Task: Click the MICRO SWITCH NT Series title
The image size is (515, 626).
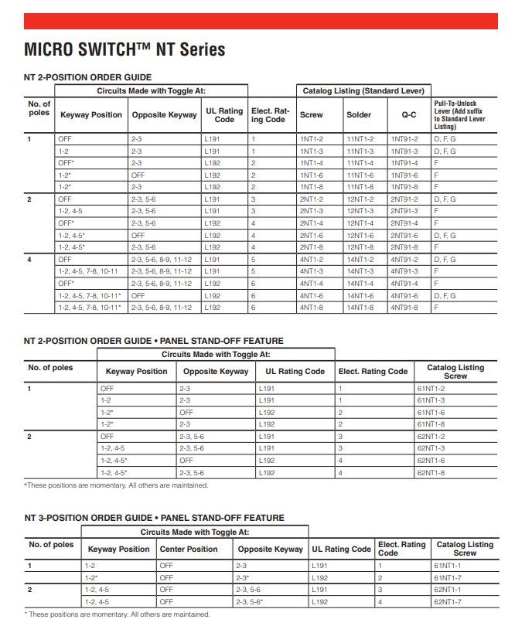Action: click(x=124, y=49)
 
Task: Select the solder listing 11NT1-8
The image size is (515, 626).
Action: click(x=360, y=187)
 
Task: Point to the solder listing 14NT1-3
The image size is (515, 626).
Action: click(x=360, y=271)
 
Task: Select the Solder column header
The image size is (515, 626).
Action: click(x=359, y=114)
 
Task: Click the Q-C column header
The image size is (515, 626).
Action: click(x=408, y=114)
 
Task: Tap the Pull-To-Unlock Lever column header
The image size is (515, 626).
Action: click(x=460, y=114)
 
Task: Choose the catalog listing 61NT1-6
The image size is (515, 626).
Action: click(x=430, y=412)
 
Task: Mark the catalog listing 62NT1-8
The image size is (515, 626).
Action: click(x=430, y=471)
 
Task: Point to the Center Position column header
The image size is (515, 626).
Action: click(x=188, y=549)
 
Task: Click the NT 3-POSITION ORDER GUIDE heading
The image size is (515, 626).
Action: click(x=154, y=517)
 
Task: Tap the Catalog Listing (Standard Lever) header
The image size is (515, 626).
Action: click(x=360, y=90)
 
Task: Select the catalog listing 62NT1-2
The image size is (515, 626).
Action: click(x=430, y=436)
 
